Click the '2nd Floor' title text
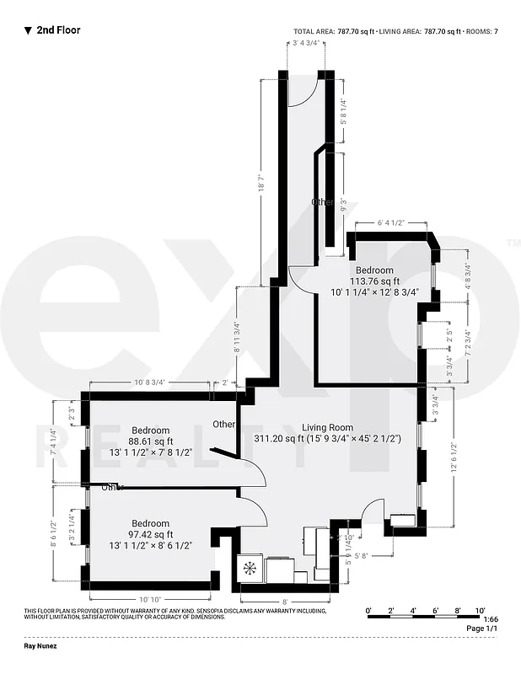coord(58,29)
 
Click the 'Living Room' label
coord(328,427)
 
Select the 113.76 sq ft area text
coord(374,281)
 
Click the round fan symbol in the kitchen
coord(250,567)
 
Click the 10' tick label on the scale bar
coord(480,608)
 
